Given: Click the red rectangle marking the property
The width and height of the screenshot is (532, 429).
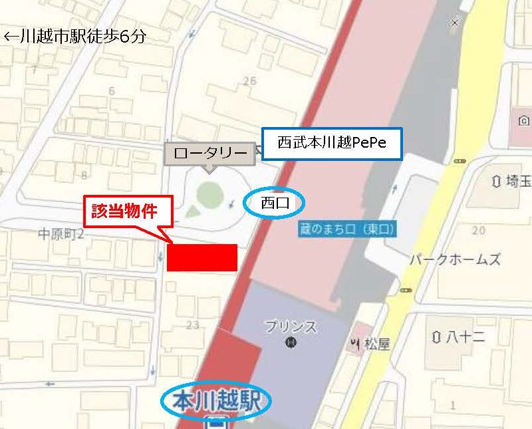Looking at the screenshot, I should [201, 257].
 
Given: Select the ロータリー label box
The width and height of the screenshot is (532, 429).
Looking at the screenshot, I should [209, 153].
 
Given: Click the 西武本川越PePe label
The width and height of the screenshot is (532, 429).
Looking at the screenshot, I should [332, 144].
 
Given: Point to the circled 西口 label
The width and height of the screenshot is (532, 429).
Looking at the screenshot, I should [275, 202].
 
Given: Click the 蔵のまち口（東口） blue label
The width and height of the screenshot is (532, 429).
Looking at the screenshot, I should [346, 229].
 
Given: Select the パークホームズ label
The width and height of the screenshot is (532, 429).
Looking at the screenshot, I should [455, 259].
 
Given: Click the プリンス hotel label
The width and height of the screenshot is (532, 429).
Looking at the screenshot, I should [290, 327].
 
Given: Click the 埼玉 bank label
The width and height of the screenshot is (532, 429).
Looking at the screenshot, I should [511, 181].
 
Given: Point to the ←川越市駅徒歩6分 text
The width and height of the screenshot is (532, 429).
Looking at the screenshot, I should [74, 37].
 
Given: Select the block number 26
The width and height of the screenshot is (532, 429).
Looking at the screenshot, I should [249, 81].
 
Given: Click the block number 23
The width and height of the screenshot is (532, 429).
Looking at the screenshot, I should [193, 325].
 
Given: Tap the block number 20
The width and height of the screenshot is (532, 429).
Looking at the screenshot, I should [477, 230].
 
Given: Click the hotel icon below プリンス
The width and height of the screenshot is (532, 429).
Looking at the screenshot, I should [290, 343].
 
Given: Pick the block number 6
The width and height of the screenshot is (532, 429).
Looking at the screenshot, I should [111, 90].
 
